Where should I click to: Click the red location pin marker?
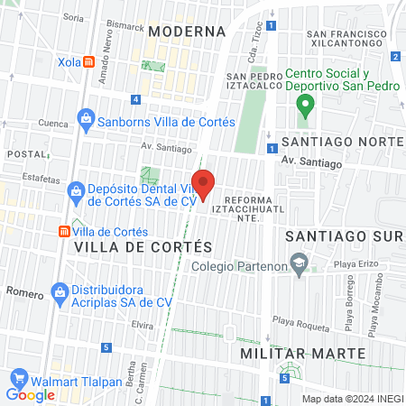click(x=203, y=183)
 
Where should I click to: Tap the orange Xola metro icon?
click(x=88, y=62)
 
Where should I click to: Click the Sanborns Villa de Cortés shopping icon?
click(x=86, y=117)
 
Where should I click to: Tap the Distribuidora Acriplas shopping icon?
click(x=60, y=291)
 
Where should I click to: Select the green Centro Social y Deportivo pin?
click(x=304, y=106)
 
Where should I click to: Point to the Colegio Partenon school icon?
click(x=297, y=264)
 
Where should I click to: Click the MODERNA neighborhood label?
click(x=187, y=31)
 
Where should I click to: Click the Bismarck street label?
click(x=124, y=27)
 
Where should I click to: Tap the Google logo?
click(x=31, y=394)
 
